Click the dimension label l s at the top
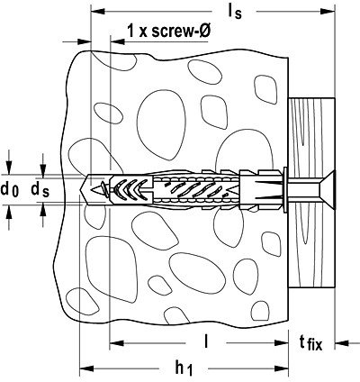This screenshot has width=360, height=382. pos(235,12)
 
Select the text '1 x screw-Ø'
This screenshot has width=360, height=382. pos(168,31)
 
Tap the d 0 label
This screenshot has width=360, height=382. pos(10,190)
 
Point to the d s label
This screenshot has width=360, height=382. pos(40,190)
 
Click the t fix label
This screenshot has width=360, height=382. pos(310,342)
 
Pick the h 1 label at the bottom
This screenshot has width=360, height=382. pos(184,368)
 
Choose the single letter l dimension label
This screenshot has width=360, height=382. pos(206,341)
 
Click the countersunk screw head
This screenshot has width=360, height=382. pos(327,189)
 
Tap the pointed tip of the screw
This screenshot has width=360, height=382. pos(94,189)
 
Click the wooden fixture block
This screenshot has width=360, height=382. pos(311,194)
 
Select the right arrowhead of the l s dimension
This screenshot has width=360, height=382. pos(328,12)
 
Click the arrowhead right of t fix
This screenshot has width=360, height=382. pos(342,342)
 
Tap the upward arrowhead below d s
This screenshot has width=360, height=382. pos(43,210)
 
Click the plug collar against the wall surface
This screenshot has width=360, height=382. pos(284,189)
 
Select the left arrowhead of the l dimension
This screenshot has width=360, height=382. pos(117,342)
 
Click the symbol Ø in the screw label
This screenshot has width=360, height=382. pos(203,31)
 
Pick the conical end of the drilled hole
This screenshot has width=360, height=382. pos(85,189)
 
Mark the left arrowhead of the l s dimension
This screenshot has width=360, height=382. pos(98,12)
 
